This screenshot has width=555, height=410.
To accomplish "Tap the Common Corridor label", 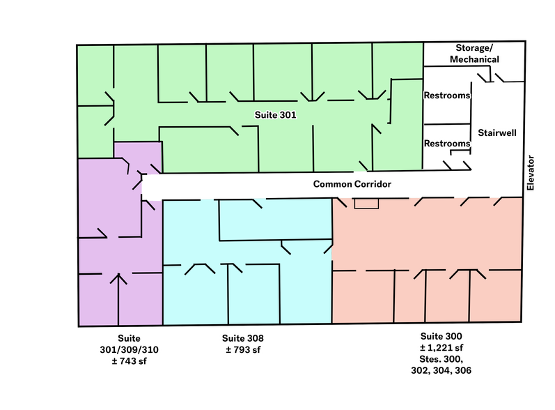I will (x=353, y=184).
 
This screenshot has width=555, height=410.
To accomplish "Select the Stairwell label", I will (x=497, y=132).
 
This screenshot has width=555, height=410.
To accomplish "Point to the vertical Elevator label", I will (x=531, y=172).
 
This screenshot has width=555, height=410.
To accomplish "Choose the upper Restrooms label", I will (x=447, y=96).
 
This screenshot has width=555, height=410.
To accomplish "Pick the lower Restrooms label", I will (x=447, y=143).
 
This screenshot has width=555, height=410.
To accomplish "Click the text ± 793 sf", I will (x=242, y=350).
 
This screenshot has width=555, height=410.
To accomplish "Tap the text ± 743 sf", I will (x=130, y=360).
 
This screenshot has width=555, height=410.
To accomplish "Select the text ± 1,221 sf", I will (x=442, y=347).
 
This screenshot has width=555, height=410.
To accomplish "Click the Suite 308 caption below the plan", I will (x=242, y=338).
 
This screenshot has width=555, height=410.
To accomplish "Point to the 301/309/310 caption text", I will (x=130, y=349).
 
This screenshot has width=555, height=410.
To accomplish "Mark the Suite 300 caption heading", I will (x=442, y=335).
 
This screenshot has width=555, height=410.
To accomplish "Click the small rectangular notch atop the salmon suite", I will (x=366, y=203).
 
